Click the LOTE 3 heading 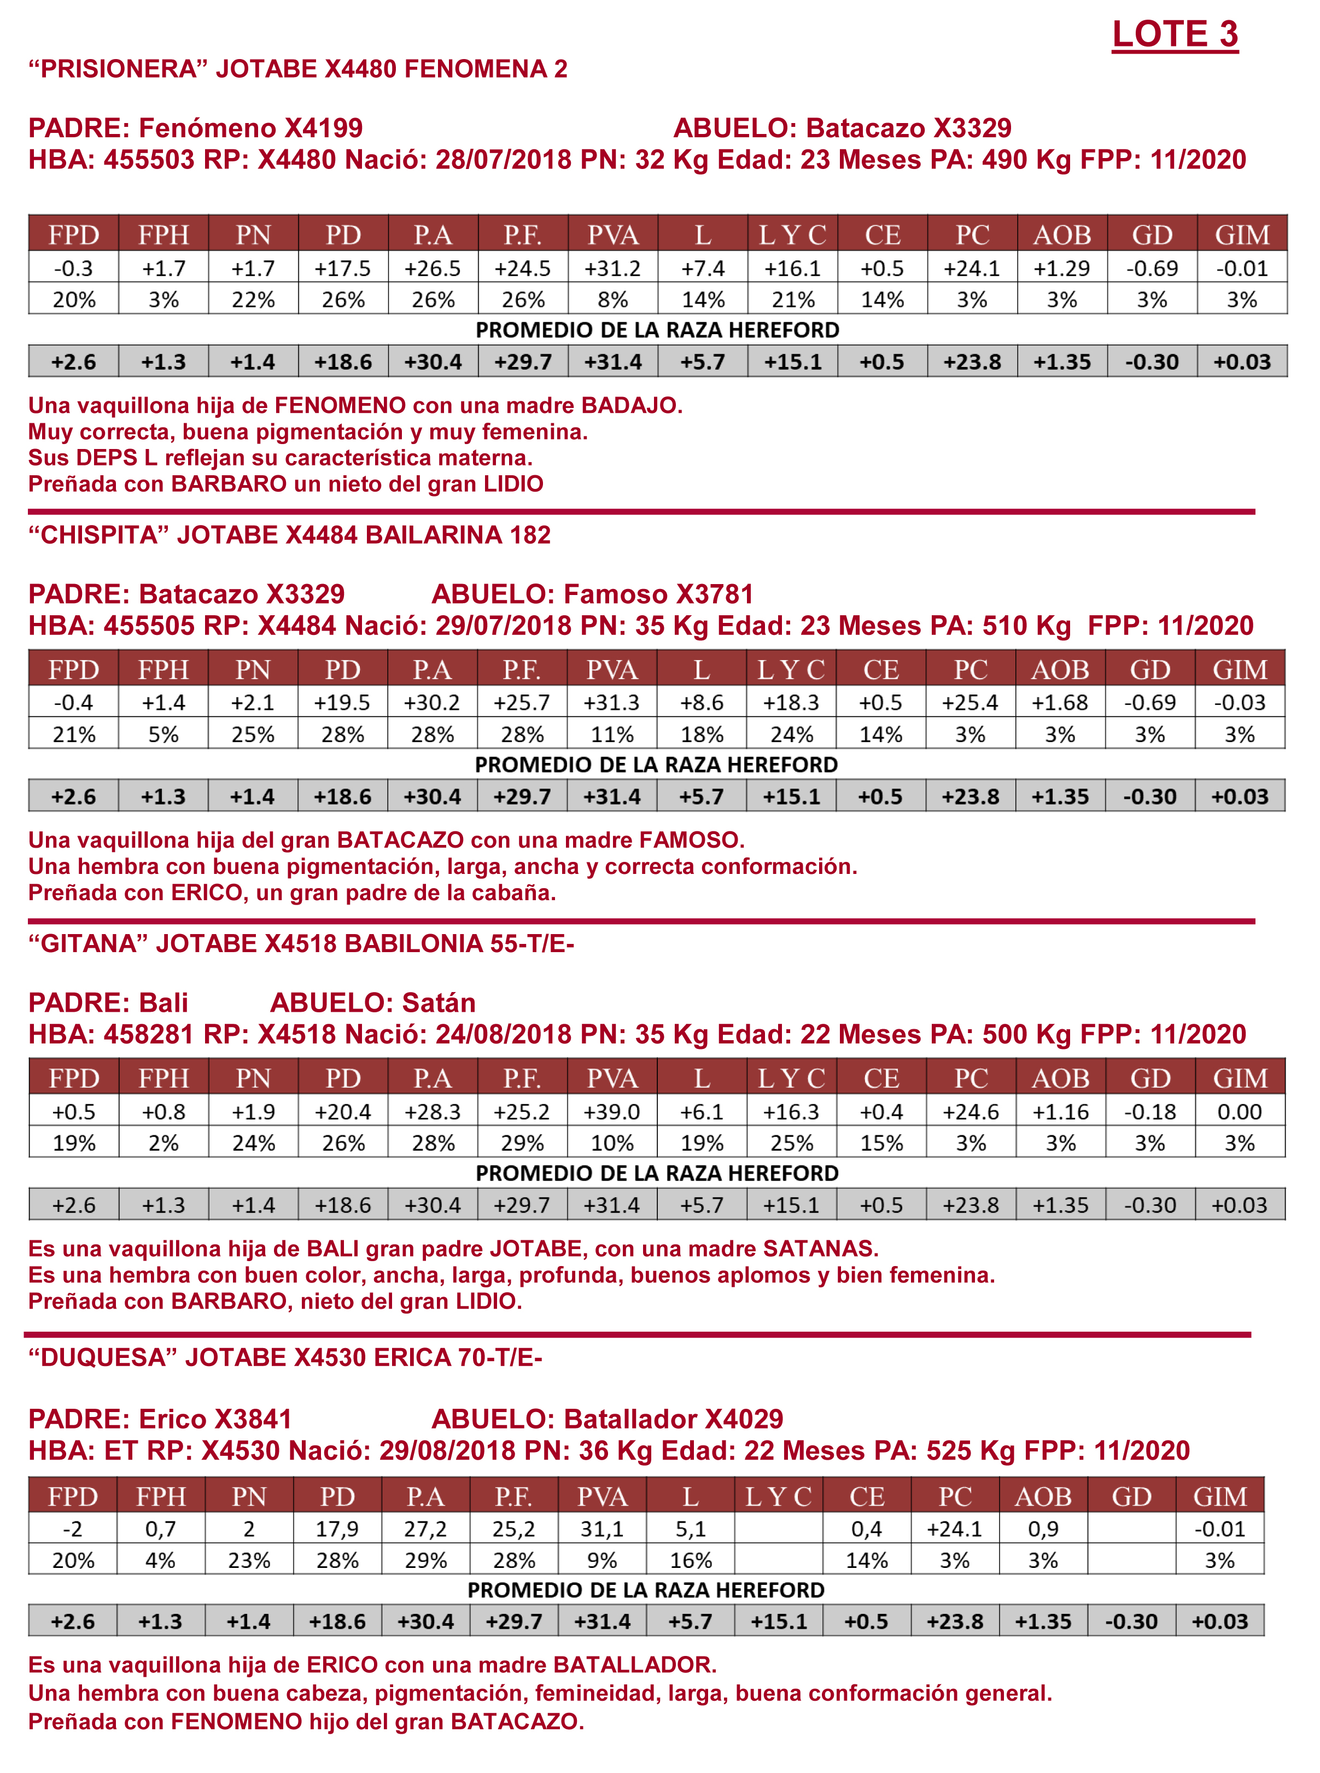click(x=1174, y=34)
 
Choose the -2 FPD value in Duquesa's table click(x=73, y=1529)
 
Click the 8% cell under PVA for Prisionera click(x=613, y=300)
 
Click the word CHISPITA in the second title click(x=102, y=535)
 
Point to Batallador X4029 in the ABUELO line click(x=673, y=1419)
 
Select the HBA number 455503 click(x=149, y=160)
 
